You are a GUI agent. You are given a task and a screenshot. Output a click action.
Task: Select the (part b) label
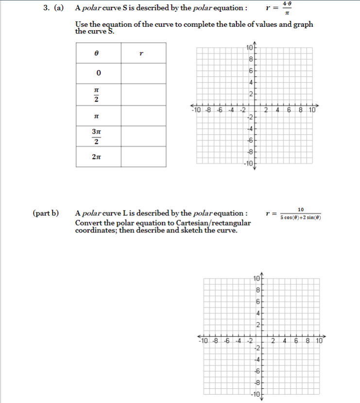click(46, 213)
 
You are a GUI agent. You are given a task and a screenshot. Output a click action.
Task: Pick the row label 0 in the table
click(98, 73)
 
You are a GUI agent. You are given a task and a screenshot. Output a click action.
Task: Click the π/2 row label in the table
click(97, 95)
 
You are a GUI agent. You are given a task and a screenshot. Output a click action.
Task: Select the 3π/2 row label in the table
click(97, 137)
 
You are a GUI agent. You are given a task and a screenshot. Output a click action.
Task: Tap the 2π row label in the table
click(97, 157)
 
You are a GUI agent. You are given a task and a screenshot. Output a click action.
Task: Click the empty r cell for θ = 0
click(143, 73)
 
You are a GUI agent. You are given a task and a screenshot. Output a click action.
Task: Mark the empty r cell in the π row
click(143, 116)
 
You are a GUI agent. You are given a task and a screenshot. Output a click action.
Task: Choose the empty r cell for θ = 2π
click(143, 157)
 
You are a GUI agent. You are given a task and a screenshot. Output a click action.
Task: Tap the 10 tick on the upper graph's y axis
click(249, 48)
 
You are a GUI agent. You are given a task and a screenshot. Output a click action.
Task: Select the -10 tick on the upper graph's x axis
click(197, 109)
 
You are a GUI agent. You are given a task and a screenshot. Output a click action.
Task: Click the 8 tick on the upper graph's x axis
click(302, 109)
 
